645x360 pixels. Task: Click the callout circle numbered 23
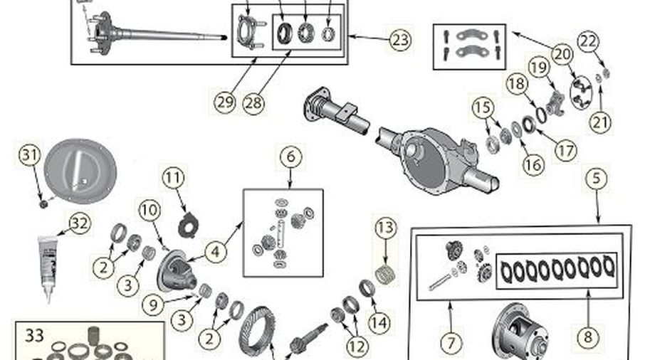pyautogui.click(x=400, y=40)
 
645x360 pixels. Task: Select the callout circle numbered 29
pyautogui.click(x=224, y=100)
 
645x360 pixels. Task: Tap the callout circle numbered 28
pyautogui.click(x=252, y=101)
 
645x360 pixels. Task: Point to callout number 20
pyautogui.click(x=562, y=53)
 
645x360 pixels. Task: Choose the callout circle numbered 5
pyautogui.click(x=597, y=178)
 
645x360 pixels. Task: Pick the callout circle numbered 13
pyautogui.click(x=385, y=228)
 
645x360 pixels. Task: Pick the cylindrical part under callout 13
pyautogui.click(x=385, y=271)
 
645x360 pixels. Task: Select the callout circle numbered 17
pyautogui.click(x=566, y=152)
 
